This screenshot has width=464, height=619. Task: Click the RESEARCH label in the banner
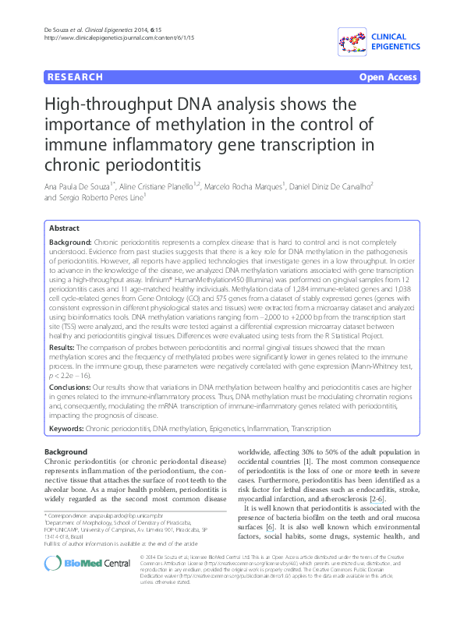[x=75, y=77]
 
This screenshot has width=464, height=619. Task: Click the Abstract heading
[x=64, y=228]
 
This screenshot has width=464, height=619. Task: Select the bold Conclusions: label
[x=71, y=387]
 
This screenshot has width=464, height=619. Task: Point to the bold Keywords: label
[x=66, y=429]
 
